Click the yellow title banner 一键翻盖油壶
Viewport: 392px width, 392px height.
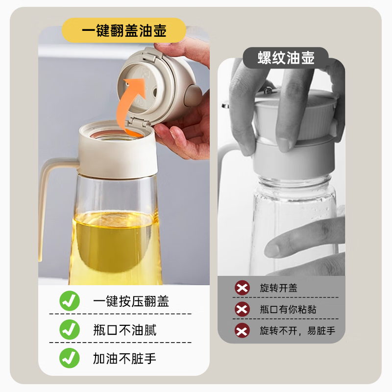coord(124,31)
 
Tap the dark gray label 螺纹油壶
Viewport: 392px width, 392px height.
coord(286,58)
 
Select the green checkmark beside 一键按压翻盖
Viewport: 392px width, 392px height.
coord(70,300)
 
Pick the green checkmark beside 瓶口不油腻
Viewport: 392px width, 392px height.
coord(70,330)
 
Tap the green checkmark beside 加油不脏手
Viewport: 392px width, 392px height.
coord(70,358)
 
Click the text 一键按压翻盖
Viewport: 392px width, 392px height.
coord(131,301)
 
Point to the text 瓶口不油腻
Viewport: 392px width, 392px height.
coord(124,330)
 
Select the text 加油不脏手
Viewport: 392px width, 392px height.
coord(124,358)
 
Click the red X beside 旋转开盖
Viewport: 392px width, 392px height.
coord(242,288)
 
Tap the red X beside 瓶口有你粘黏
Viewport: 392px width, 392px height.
coord(242,309)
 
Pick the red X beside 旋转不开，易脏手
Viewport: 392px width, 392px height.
coord(242,330)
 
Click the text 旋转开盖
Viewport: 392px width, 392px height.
coord(278,288)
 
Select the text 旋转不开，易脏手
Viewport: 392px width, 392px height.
coord(297,331)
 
